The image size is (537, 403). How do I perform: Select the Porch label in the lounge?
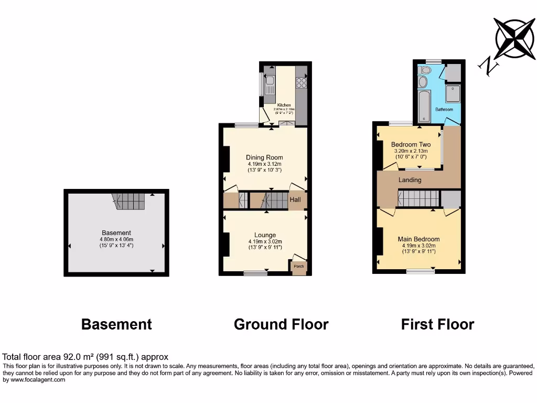click(298, 267)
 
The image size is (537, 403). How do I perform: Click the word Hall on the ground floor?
click(296, 200)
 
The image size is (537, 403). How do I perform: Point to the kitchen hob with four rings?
click(301, 82)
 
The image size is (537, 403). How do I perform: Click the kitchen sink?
click(269, 81)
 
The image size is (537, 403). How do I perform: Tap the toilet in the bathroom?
click(425, 70)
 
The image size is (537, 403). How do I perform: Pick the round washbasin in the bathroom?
click(423, 82)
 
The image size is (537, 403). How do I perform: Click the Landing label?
click(410, 180)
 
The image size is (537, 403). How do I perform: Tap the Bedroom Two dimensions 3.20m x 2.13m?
click(411, 151)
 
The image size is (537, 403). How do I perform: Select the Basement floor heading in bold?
click(116, 324)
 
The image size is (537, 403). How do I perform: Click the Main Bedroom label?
click(418, 239)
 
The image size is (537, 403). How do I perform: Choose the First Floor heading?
click(437, 324)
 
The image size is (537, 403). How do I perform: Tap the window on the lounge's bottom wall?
click(255, 272)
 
